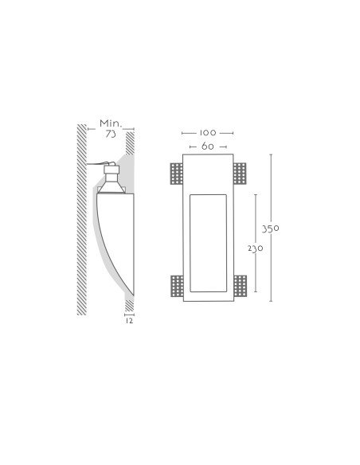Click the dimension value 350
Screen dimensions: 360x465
point(270,229)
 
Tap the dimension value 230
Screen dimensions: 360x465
point(256,248)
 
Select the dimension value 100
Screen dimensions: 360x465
point(208,133)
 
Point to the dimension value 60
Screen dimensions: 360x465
point(208,147)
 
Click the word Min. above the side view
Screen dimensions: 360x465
point(111,123)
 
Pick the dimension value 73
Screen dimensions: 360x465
point(111,134)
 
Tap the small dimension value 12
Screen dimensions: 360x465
point(129,321)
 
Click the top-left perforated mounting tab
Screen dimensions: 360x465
point(177,174)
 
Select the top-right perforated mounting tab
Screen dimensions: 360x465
point(240,174)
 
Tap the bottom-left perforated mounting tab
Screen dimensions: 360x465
point(177,286)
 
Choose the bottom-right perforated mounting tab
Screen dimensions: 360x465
point(241,286)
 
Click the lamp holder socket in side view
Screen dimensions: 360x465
point(112,173)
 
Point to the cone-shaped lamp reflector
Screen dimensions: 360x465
point(112,187)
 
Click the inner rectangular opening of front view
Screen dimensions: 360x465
point(208,243)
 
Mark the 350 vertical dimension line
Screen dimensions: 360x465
point(271,228)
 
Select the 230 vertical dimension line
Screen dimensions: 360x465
point(256,243)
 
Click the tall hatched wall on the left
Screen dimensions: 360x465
point(82,220)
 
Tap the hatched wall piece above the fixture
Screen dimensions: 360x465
point(130,143)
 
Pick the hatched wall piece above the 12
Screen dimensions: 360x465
point(129,306)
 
